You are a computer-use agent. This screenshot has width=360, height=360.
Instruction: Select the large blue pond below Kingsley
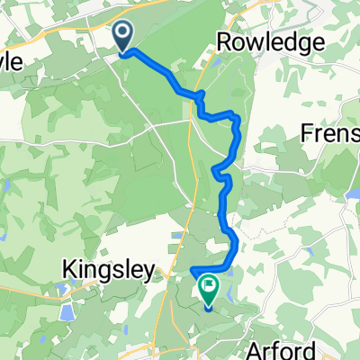pos(66,311)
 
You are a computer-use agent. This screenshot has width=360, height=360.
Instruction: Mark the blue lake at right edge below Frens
pos(353,193)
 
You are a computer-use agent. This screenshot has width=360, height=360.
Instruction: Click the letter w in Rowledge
pos(249,43)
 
